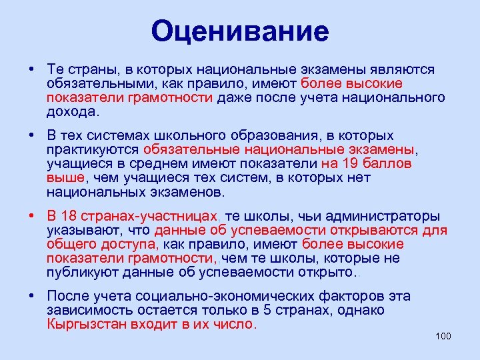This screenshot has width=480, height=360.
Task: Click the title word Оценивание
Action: (240, 31)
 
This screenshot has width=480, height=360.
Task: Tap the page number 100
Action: (443, 335)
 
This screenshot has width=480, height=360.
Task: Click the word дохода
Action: (70, 111)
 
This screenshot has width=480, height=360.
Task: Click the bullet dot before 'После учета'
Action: (31, 296)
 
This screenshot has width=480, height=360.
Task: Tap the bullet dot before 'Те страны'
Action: (31, 69)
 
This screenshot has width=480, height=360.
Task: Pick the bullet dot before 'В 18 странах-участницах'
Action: (31, 216)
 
